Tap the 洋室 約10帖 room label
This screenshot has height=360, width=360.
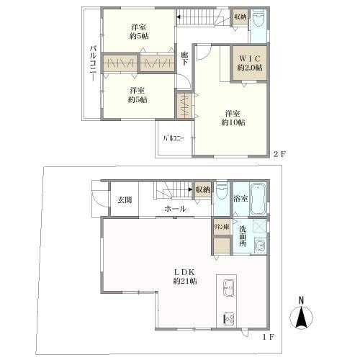[x=233, y=118]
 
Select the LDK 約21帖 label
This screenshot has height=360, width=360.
[x=181, y=276]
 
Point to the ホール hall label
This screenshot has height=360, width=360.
[x=176, y=209]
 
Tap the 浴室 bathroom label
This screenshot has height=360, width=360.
[x=240, y=198]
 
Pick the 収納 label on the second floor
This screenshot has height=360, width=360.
[x=240, y=17]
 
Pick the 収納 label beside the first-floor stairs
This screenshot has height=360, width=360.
[x=203, y=189]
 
